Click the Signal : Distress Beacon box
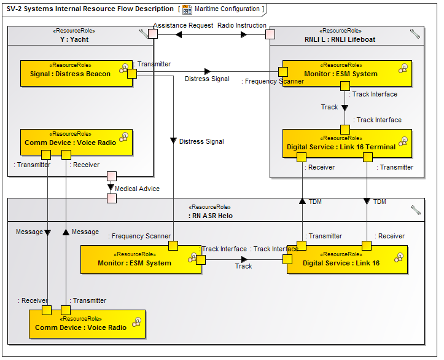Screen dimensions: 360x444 71,74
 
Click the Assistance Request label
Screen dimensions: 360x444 183,26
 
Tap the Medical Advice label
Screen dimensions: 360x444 137,189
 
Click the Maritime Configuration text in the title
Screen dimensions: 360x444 227,9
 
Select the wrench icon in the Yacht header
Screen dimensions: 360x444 144,35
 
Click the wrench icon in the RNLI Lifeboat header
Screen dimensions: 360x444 415,35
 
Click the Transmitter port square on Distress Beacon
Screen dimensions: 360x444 131,74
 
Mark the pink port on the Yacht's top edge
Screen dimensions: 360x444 153,33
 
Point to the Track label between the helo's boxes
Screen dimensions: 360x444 243,266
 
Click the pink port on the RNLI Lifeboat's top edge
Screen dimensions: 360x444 270,33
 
